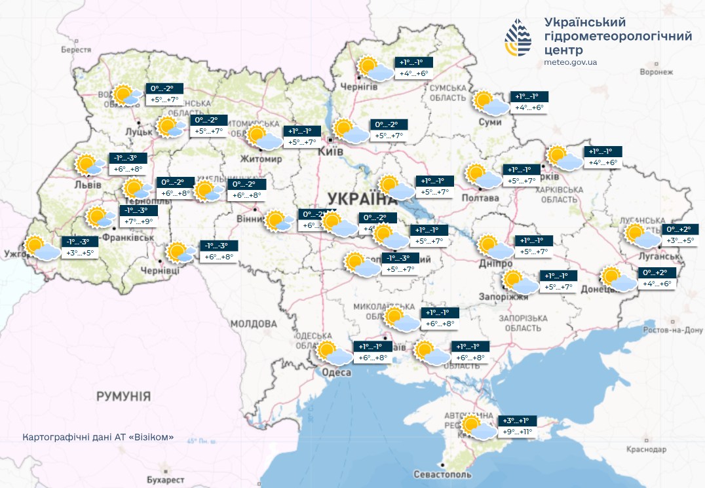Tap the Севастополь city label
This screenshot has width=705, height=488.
(442, 474)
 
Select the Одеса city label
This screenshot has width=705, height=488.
(337, 372)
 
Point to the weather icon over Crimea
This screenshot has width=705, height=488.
(477, 427)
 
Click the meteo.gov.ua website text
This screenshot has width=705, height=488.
(570, 62)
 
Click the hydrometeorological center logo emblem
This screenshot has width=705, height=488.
(519, 38)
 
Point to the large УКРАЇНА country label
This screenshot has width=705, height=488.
(358, 198)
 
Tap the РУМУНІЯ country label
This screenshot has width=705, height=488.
(123, 396)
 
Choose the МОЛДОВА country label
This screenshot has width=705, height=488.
(254, 324)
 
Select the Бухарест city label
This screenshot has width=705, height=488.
(165, 479)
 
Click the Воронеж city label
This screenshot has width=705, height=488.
(656, 72)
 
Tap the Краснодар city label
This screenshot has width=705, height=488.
(645, 449)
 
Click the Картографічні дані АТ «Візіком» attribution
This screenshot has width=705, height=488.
(98, 437)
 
